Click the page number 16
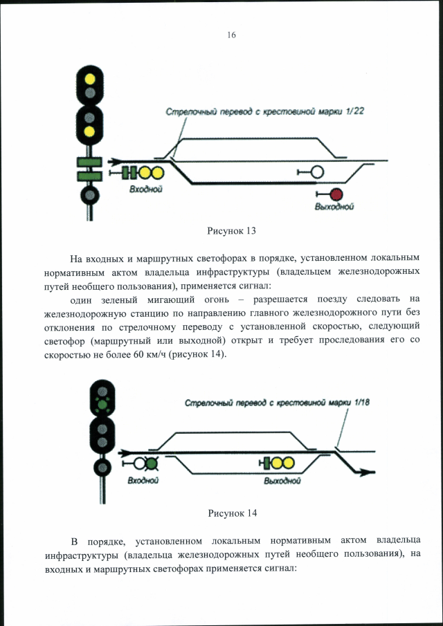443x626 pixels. pyautogui.click(x=232, y=35)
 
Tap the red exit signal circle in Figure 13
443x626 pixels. pyautogui.click(x=336, y=194)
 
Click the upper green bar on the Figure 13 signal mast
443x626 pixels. pyautogui.click(x=89, y=163)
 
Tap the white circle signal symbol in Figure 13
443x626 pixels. pyautogui.click(x=317, y=172)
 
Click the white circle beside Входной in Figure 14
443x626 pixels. pyautogui.click(x=140, y=462)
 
